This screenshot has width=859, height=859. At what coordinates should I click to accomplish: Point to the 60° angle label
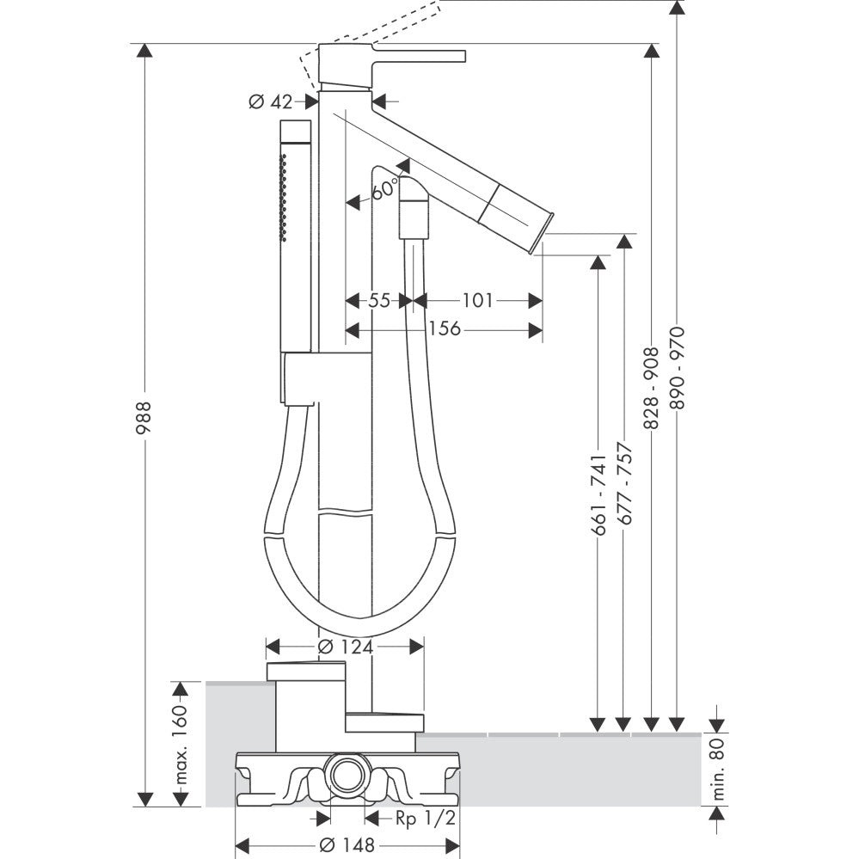tap(385, 187)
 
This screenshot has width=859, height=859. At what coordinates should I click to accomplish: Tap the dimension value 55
tap(379, 300)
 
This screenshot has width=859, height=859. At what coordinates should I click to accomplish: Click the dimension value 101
tap(477, 300)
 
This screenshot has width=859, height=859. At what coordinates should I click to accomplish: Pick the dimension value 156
tap(445, 329)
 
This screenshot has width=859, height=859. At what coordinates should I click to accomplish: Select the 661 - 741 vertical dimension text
tap(599, 496)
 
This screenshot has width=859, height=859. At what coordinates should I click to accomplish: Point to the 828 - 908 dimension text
tap(652, 388)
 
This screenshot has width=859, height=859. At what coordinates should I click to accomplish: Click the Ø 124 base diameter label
tap(345, 647)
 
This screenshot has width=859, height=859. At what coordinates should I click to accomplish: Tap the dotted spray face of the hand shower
tap(282, 193)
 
